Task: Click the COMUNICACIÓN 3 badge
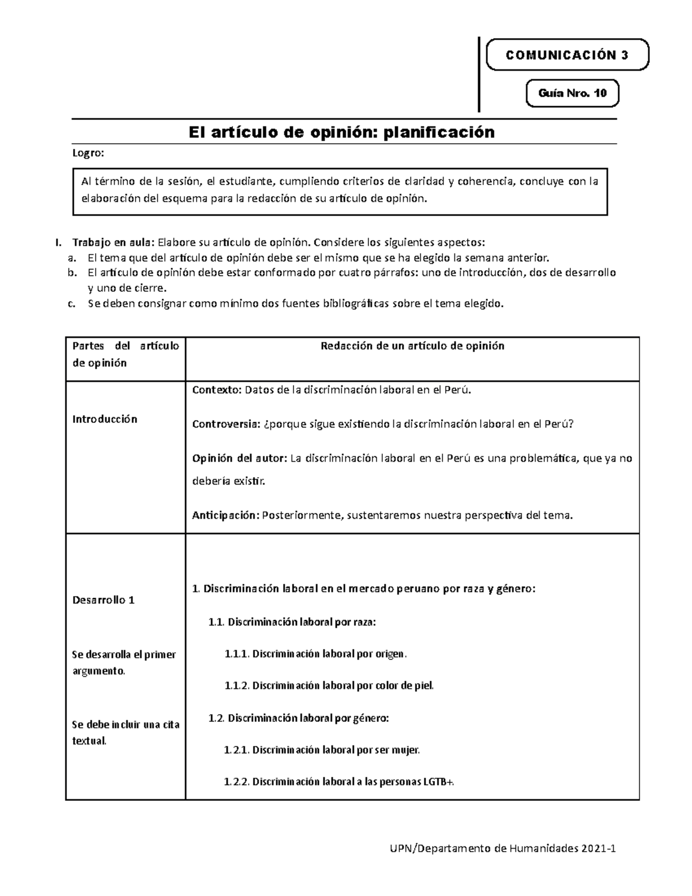pyautogui.click(x=567, y=55)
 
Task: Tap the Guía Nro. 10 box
pyautogui.click(x=572, y=93)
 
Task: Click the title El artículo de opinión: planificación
pyautogui.click(x=342, y=132)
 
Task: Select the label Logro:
pyautogui.click(x=88, y=153)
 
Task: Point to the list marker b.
pyautogui.click(x=72, y=272)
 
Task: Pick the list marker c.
pyautogui.click(x=72, y=304)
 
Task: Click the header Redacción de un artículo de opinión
pyautogui.click(x=412, y=346)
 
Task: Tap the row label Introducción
pyautogui.click(x=104, y=419)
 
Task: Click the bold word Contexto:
pyautogui.click(x=217, y=390)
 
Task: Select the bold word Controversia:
pyautogui.click(x=226, y=425)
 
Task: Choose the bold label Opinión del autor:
pyautogui.click(x=239, y=459)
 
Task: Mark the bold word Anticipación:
pyautogui.click(x=225, y=515)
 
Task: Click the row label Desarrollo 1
pyautogui.click(x=103, y=600)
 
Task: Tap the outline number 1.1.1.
pyautogui.click(x=236, y=654)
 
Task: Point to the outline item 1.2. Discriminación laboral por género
pyautogui.click(x=299, y=718)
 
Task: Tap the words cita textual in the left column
pyautogui.click(x=125, y=733)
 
